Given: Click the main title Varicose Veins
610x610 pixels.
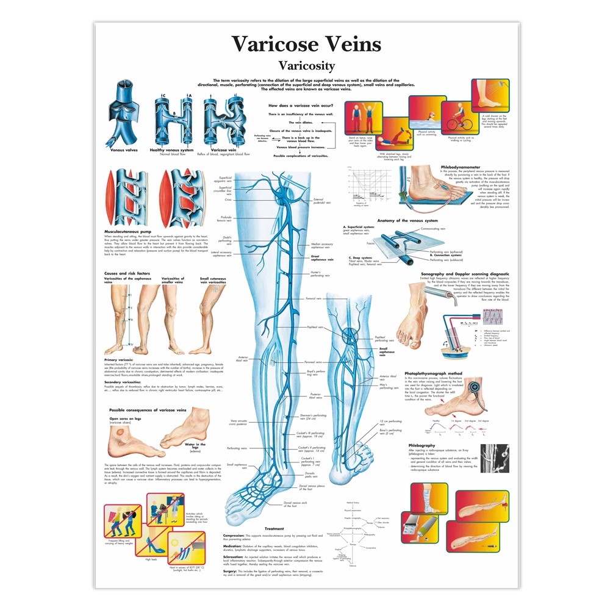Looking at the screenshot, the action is [x=306, y=45].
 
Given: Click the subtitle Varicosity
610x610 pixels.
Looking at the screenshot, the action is [x=306, y=65].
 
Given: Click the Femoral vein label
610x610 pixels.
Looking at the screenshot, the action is [x=314, y=299].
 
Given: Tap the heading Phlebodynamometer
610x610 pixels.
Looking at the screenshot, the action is [x=461, y=167].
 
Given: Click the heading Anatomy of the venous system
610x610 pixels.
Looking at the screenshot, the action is [x=407, y=220].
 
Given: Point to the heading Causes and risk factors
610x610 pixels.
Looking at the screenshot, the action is [x=128, y=273].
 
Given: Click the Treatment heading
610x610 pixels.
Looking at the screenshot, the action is [x=274, y=528].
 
